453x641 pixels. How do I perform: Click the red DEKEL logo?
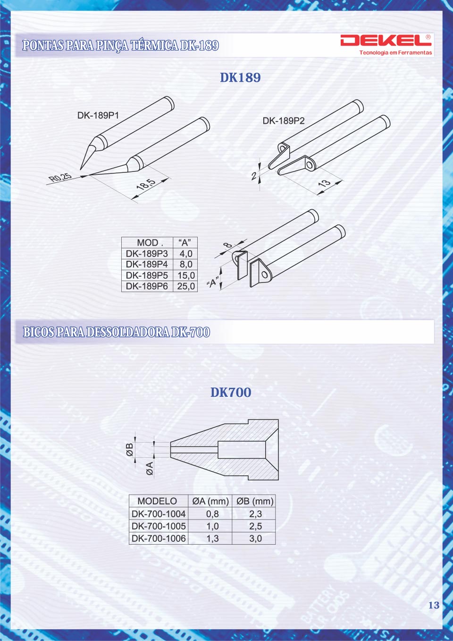[x=386, y=41]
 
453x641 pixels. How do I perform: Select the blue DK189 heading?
[x=240, y=77]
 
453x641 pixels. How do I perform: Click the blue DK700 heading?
[x=231, y=393]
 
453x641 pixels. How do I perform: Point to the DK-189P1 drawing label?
[x=98, y=115]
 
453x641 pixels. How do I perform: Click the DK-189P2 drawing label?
[x=284, y=121]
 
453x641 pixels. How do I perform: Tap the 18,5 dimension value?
[x=146, y=185]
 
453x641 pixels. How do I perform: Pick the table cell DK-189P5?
[x=147, y=275]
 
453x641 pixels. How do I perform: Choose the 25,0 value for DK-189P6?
[x=186, y=286]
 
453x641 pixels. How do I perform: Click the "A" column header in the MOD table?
[x=185, y=243]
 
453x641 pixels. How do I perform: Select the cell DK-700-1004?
[x=159, y=514]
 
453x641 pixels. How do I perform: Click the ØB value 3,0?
[x=255, y=538]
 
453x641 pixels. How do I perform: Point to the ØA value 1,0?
[x=212, y=526]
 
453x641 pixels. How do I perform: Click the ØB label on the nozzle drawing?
[x=129, y=449]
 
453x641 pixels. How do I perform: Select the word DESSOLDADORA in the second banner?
[x=127, y=332]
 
